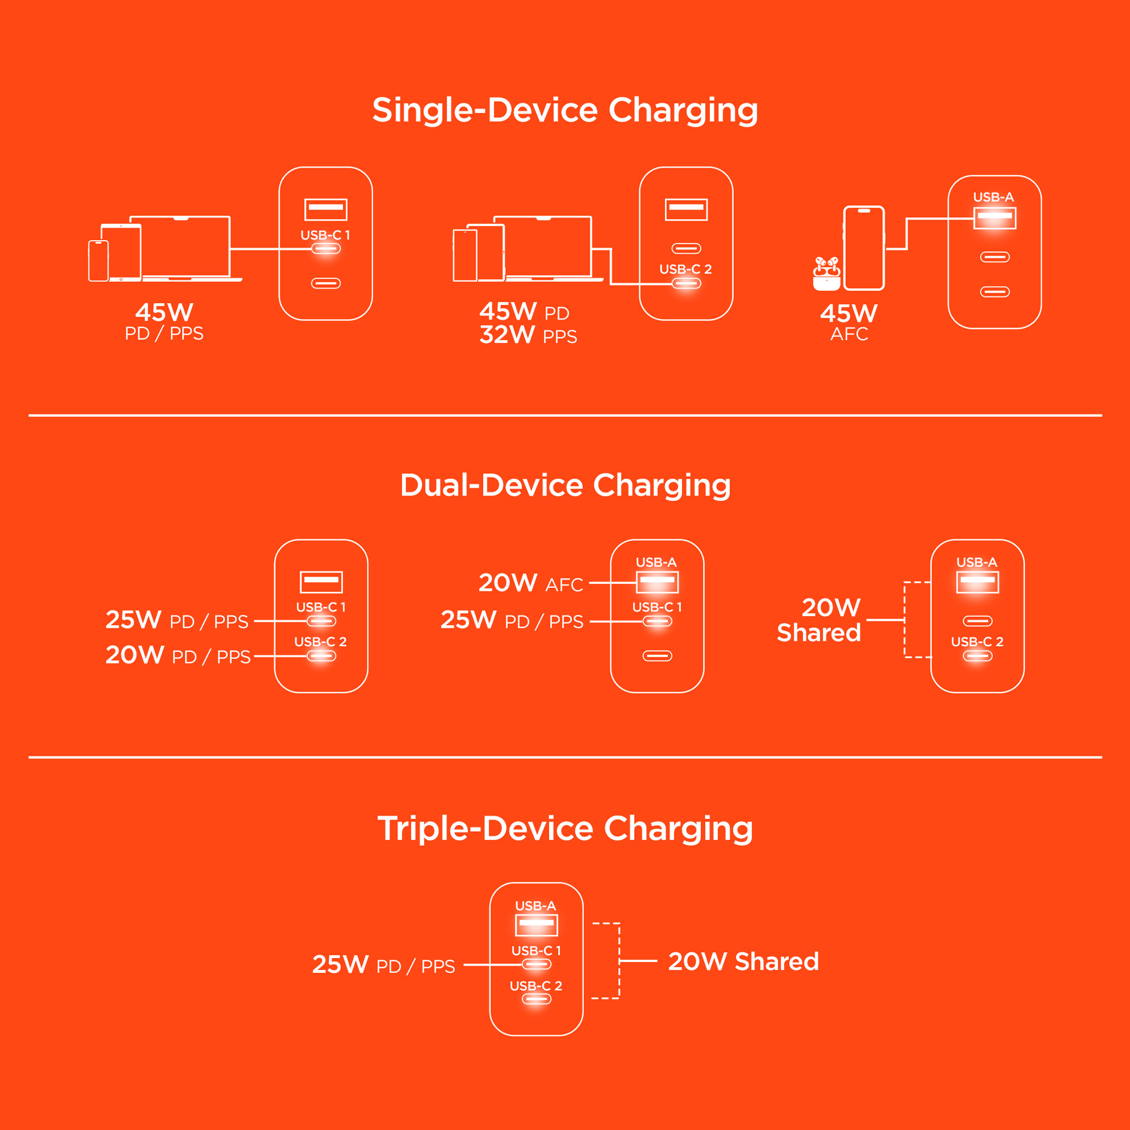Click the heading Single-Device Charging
(x=564, y=110)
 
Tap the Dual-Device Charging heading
(x=565, y=485)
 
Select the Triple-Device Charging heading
(x=565, y=828)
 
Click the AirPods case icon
(x=826, y=274)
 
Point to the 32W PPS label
(x=528, y=335)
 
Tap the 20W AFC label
(x=530, y=583)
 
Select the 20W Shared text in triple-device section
(x=743, y=961)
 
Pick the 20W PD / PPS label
(x=178, y=655)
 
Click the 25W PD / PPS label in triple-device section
(x=383, y=965)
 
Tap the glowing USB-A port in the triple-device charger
(x=536, y=925)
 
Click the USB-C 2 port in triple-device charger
(x=536, y=999)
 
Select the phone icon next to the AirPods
(x=863, y=248)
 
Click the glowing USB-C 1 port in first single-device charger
(x=325, y=249)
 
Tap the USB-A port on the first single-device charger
(x=325, y=209)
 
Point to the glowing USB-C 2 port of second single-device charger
(x=686, y=284)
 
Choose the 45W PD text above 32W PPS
(x=524, y=311)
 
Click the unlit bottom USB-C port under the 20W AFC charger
(x=657, y=656)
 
